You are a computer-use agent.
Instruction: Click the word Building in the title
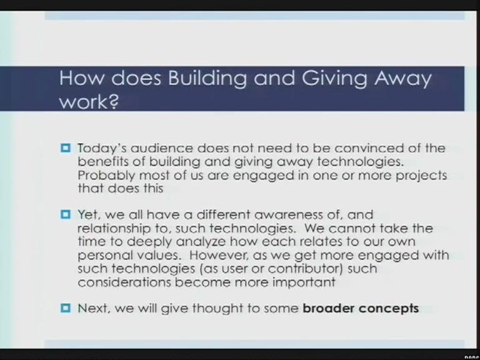tap(207, 79)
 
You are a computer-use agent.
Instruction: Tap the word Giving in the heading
tap(334, 79)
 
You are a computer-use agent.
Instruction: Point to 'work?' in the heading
tap(89, 101)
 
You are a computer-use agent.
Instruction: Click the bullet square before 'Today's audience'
tap(66, 149)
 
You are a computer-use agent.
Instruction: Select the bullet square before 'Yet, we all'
tap(66, 214)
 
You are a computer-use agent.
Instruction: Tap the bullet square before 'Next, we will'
tap(66, 308)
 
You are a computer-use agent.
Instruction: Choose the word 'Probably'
tap(106, 176)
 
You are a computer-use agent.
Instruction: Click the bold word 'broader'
tap(328, 308)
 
